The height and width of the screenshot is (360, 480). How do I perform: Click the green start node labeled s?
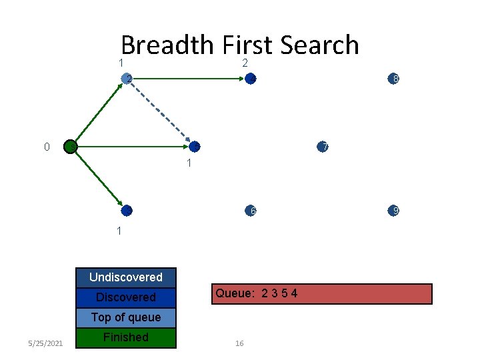coord(70,147)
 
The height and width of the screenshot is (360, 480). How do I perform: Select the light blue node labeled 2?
coord(127,79)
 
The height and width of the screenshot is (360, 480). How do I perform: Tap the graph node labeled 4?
coord(251,79)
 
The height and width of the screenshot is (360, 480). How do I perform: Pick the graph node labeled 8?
coord(394,79)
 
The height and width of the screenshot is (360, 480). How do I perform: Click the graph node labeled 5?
coord(194,147)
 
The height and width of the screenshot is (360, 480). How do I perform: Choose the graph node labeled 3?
coord(127,211)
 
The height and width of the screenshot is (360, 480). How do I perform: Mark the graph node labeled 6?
coord(251,211)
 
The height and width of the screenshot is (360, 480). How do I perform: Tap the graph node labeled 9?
coord(394,211)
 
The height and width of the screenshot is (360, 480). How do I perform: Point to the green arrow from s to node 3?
coord(98,179)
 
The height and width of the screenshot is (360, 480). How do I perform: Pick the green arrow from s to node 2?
coord(99,113)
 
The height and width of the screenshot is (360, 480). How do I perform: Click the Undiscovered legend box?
coord(126,277)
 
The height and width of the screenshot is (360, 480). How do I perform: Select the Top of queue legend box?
coord(126,317)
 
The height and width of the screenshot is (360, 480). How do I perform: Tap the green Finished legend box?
coord(126,337)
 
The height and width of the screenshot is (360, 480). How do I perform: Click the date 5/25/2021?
coord(46,343)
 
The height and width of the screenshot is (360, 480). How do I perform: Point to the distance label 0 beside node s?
coord(47,147)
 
